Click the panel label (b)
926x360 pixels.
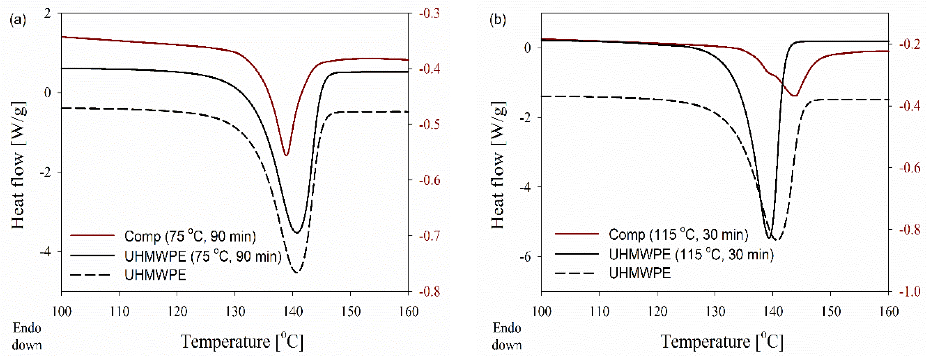pos(498,20)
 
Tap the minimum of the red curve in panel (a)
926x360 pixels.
pos(286,155)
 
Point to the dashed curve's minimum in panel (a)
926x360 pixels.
pos(297,272)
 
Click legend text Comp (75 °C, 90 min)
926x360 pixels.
pos(190,236)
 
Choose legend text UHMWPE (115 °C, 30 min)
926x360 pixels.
pos(691,254)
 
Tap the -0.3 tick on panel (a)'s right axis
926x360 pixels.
pos(429,13)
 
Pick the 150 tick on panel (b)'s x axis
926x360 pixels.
pos(830,311)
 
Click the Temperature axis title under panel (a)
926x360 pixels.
pos(242,341)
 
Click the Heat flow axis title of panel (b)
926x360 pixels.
pos(499,165)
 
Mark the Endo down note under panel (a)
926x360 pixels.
pos(27,337)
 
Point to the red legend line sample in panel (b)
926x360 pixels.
pos(577,234)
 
